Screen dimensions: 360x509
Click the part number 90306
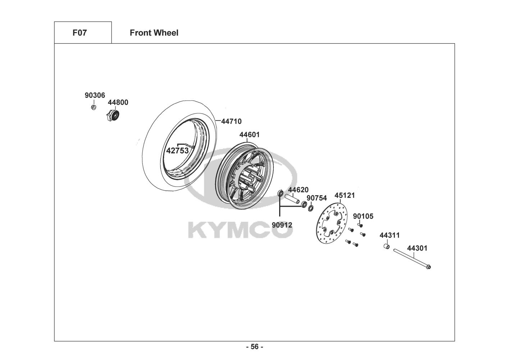(95, 95)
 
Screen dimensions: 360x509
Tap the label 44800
(118, 102)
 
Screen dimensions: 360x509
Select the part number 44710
(231, 121)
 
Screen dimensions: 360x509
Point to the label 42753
(177, 150)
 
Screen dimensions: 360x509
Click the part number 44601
(250, 135)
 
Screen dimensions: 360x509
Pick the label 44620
(298, 190)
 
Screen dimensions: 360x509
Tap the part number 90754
(317, 198)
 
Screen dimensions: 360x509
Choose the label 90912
(282, 225)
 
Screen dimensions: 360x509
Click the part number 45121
(345, 195)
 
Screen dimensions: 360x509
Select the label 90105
(363, 216)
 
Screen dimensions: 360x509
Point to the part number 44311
(390, 235)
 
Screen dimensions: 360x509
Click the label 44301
(417, 248)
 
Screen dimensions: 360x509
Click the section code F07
(80, 33)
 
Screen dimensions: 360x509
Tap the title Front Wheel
(154, 33)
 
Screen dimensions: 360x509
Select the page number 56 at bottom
(254, 347)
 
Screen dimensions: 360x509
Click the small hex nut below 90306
(94, 107)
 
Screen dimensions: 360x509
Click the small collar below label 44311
(386, 247)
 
